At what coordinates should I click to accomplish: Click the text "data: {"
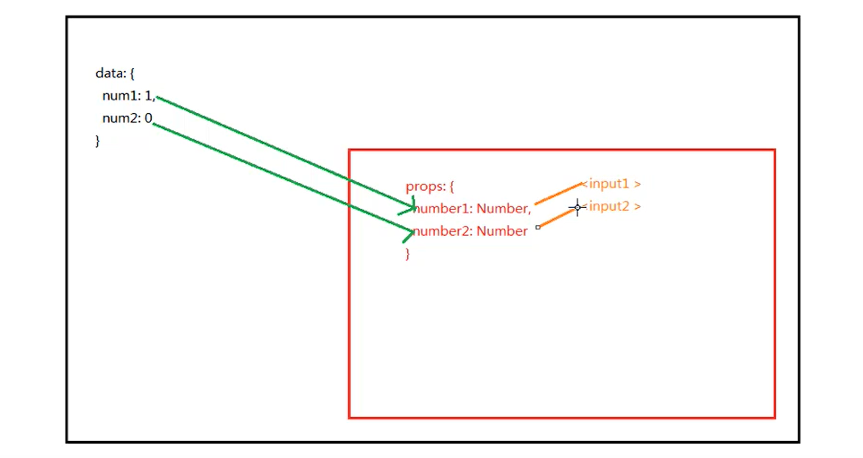coord(115,74)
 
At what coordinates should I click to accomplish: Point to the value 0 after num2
coord(148,119)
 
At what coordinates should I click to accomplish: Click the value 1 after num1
coord(149,97)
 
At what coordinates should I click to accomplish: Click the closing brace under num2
coord(97,141)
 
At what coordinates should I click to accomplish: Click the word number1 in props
coord(443,209)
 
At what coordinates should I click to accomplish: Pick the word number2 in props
coord(443,232)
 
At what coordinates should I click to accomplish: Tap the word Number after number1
coord(503,209)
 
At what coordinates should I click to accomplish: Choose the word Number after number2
coord(502,232)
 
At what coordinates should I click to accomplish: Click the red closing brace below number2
coord(406,254)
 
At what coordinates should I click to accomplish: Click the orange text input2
coord(610,207)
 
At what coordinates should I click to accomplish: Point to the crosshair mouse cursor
coord(577,207)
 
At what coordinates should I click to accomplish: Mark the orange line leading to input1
coord(558,192)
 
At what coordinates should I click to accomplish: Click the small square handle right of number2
coord(538,227)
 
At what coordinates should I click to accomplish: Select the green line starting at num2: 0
coord(280,178)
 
